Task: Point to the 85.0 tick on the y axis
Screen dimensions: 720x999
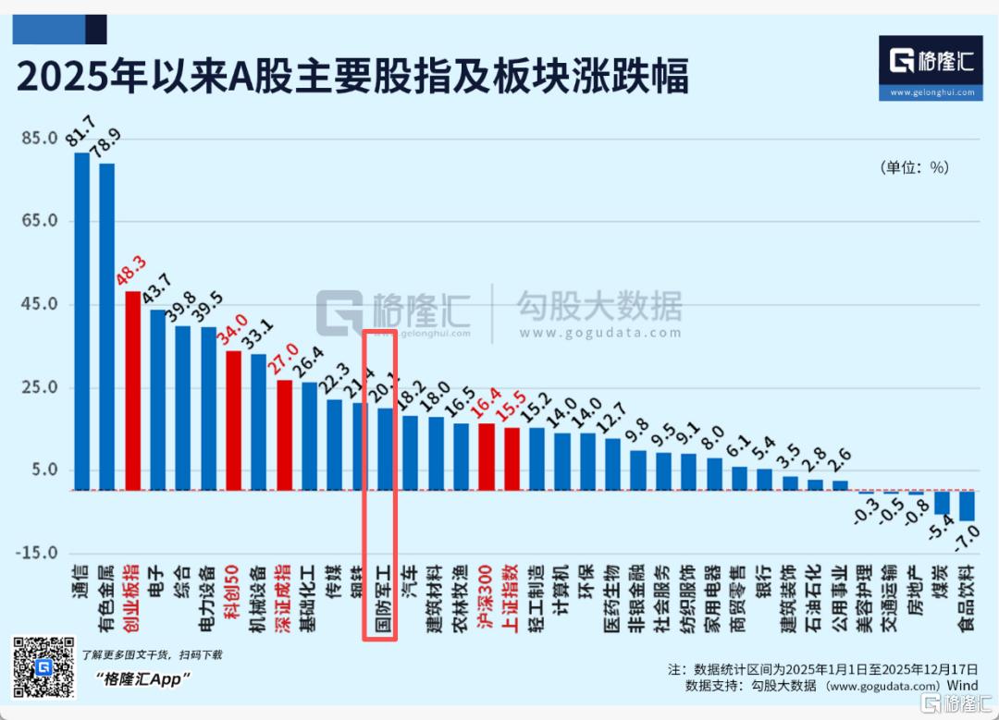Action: pos(40,139)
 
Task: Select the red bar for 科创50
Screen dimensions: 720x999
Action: pos(233,421)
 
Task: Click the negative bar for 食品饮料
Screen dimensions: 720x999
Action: pos(967,506)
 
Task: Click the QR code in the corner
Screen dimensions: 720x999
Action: pos(43,666)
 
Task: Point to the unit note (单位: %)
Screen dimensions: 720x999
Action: pos(913,167)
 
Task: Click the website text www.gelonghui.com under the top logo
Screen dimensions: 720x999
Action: pos(931,92)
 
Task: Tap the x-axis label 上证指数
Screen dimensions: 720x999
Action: pos(511,601)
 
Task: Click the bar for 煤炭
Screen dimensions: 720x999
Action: pos(942,502)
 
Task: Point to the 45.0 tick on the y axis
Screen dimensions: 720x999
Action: pos(40,304)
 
